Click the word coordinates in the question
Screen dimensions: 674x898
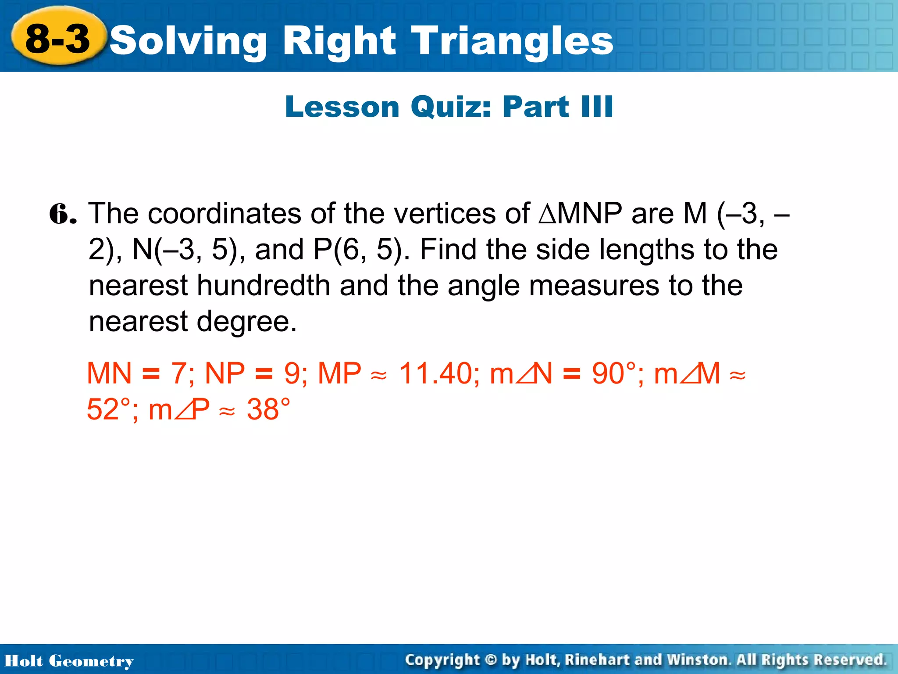pyautogui.click(x=224, y=214)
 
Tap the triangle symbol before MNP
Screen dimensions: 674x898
pyautogui.click(x=547, y=214)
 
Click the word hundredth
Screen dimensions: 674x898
pyautogui.click(x=263, y=286)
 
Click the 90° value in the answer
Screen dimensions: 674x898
pyautogui.click(x=613, y=373)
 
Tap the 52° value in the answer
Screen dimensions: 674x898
pyautogui.click(x=108, y=409)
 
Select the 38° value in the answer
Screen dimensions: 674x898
pyautogui.click(x=268, y=409)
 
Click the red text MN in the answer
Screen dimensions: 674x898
pyautogui.click(x=109, y=373)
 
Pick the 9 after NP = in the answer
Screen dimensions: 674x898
pyautogui.click(x=292, y=373)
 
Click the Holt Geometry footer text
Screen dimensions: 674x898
pyautogui.click(x=69, y=661)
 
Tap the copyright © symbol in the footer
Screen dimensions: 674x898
pyautogui.click(x=491, y=660)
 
